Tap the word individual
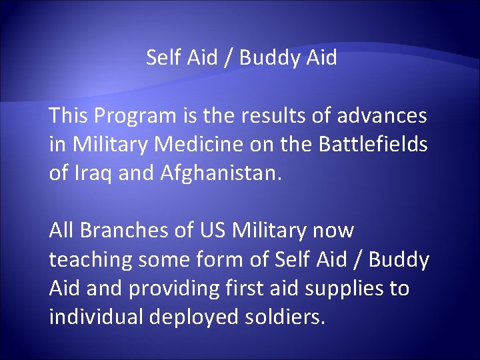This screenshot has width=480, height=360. point(96,317)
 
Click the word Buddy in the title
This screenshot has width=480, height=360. point(268,59)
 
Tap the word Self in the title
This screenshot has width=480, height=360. point(160,58)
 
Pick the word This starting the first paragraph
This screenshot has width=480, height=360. point(68,116)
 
